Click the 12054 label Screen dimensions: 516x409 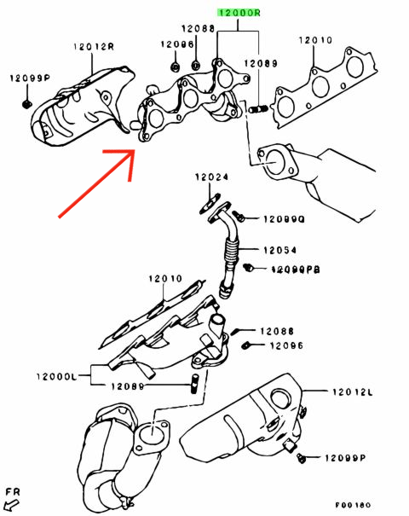279,250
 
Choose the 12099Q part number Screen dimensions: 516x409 283,219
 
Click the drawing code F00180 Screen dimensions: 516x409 377,504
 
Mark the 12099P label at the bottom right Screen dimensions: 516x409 345,459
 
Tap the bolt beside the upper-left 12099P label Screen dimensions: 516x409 24,103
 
